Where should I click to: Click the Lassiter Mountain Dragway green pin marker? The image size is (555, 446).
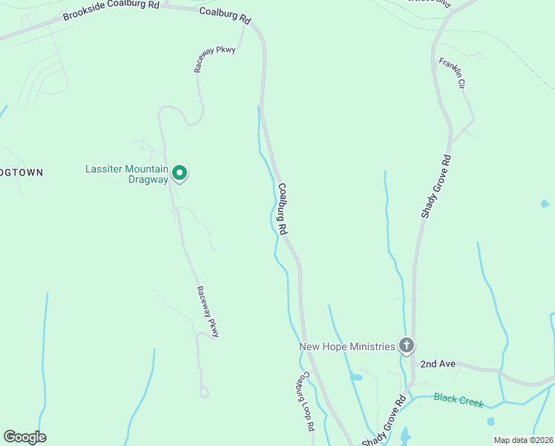180,173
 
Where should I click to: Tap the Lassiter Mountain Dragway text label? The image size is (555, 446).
127,174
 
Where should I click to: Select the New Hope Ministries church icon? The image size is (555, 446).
406,345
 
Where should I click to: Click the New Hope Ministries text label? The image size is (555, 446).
346,346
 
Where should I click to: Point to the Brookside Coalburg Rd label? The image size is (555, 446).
111,10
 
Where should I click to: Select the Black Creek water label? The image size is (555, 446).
459,401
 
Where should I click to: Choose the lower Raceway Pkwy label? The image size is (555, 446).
208,312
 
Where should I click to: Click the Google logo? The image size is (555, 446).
24,437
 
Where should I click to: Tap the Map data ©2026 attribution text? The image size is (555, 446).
523,440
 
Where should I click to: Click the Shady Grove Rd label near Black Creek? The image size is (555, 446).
384,421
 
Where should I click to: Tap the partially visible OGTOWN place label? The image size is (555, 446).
22,172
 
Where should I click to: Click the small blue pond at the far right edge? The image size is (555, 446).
545,203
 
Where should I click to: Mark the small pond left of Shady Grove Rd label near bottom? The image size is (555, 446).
356,378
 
